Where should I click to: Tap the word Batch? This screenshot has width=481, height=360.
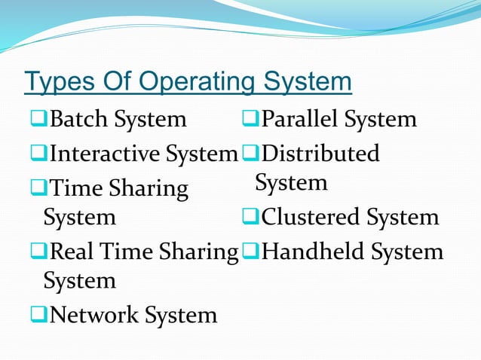(81, 119)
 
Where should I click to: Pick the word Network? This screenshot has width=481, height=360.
(95, 314)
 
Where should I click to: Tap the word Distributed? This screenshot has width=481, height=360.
(321, 154)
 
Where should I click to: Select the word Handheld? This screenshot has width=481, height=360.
(313, 251)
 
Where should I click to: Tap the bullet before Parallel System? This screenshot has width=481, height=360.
(250, 119)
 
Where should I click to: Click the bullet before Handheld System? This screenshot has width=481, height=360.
(250, 252)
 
